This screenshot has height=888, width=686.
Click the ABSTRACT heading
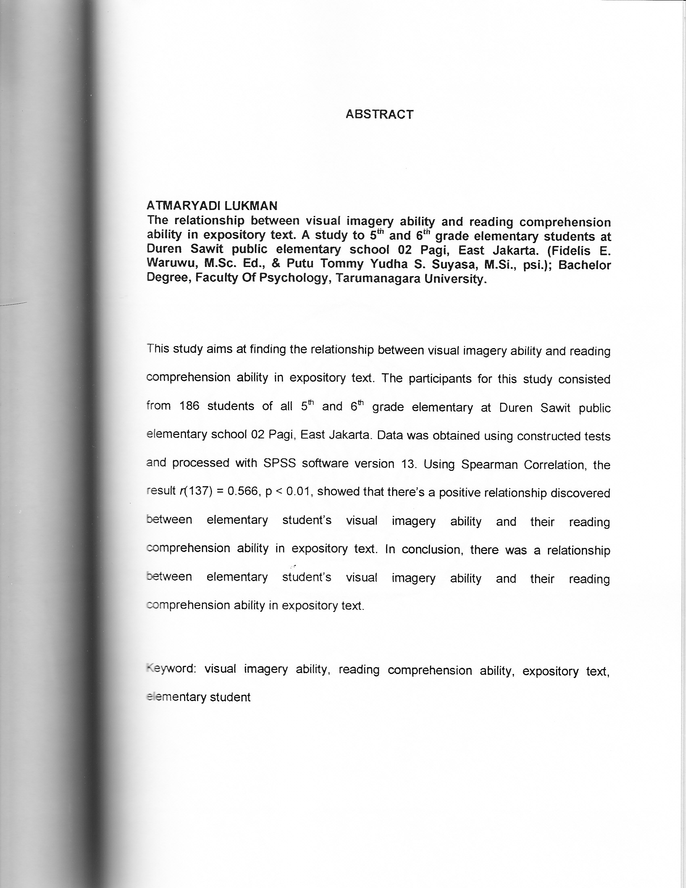click(x=379, y=115)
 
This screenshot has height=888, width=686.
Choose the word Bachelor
click(x=584, y=265)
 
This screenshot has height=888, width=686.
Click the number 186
click(x=189, y=406)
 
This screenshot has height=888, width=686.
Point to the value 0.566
click(x=242, y=491)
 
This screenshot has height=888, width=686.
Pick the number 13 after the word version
click(x=408, y=464)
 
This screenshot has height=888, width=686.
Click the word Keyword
click(x=171, y=669)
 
